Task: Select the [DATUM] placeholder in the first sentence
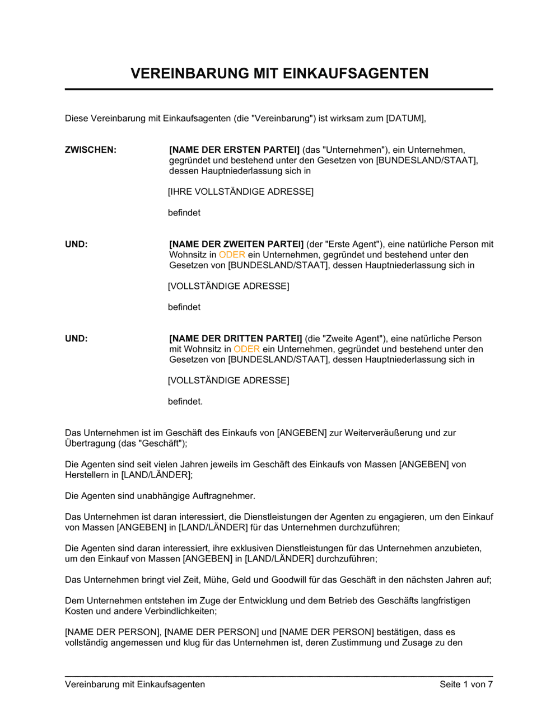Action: tap(406, 118)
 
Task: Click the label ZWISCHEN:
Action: tap(91, 149)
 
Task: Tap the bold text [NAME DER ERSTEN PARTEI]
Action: tap(234, 149)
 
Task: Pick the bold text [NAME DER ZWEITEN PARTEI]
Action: tap(236, 244)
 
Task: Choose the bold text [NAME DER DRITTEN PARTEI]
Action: tap(235, 339)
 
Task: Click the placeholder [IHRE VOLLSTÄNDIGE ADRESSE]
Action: tap(241, 191)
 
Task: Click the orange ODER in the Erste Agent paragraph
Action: tap(232, 255)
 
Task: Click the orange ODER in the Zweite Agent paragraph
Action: tap(246, 349)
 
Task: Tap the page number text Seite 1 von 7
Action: tap(466, 684)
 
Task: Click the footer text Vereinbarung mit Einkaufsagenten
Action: tap(135, 684)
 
